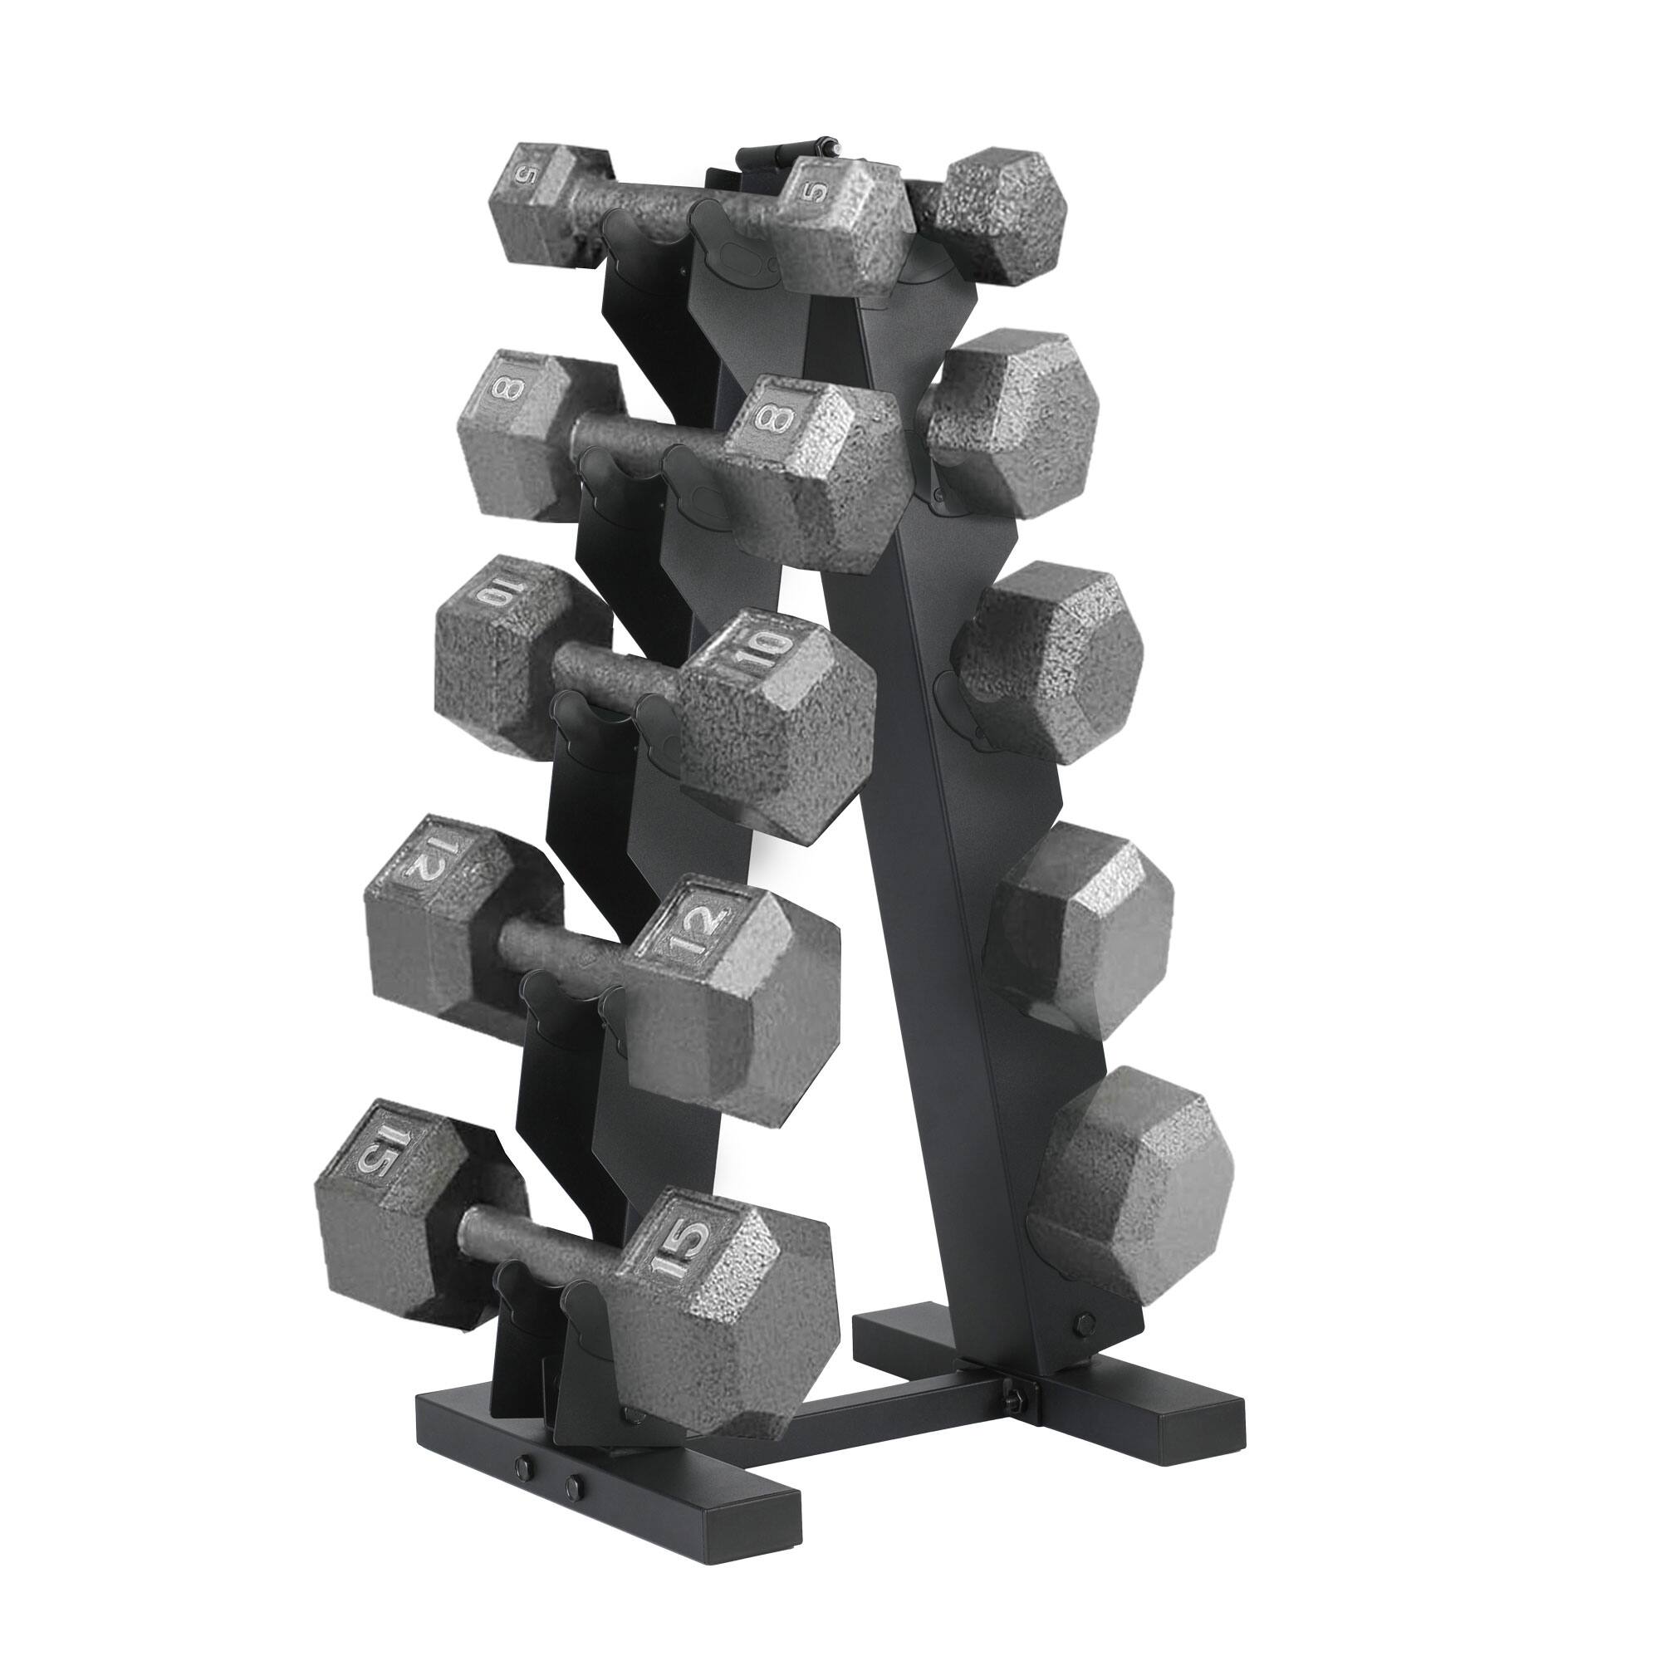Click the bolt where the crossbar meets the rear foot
(x=1013, y=1372)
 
